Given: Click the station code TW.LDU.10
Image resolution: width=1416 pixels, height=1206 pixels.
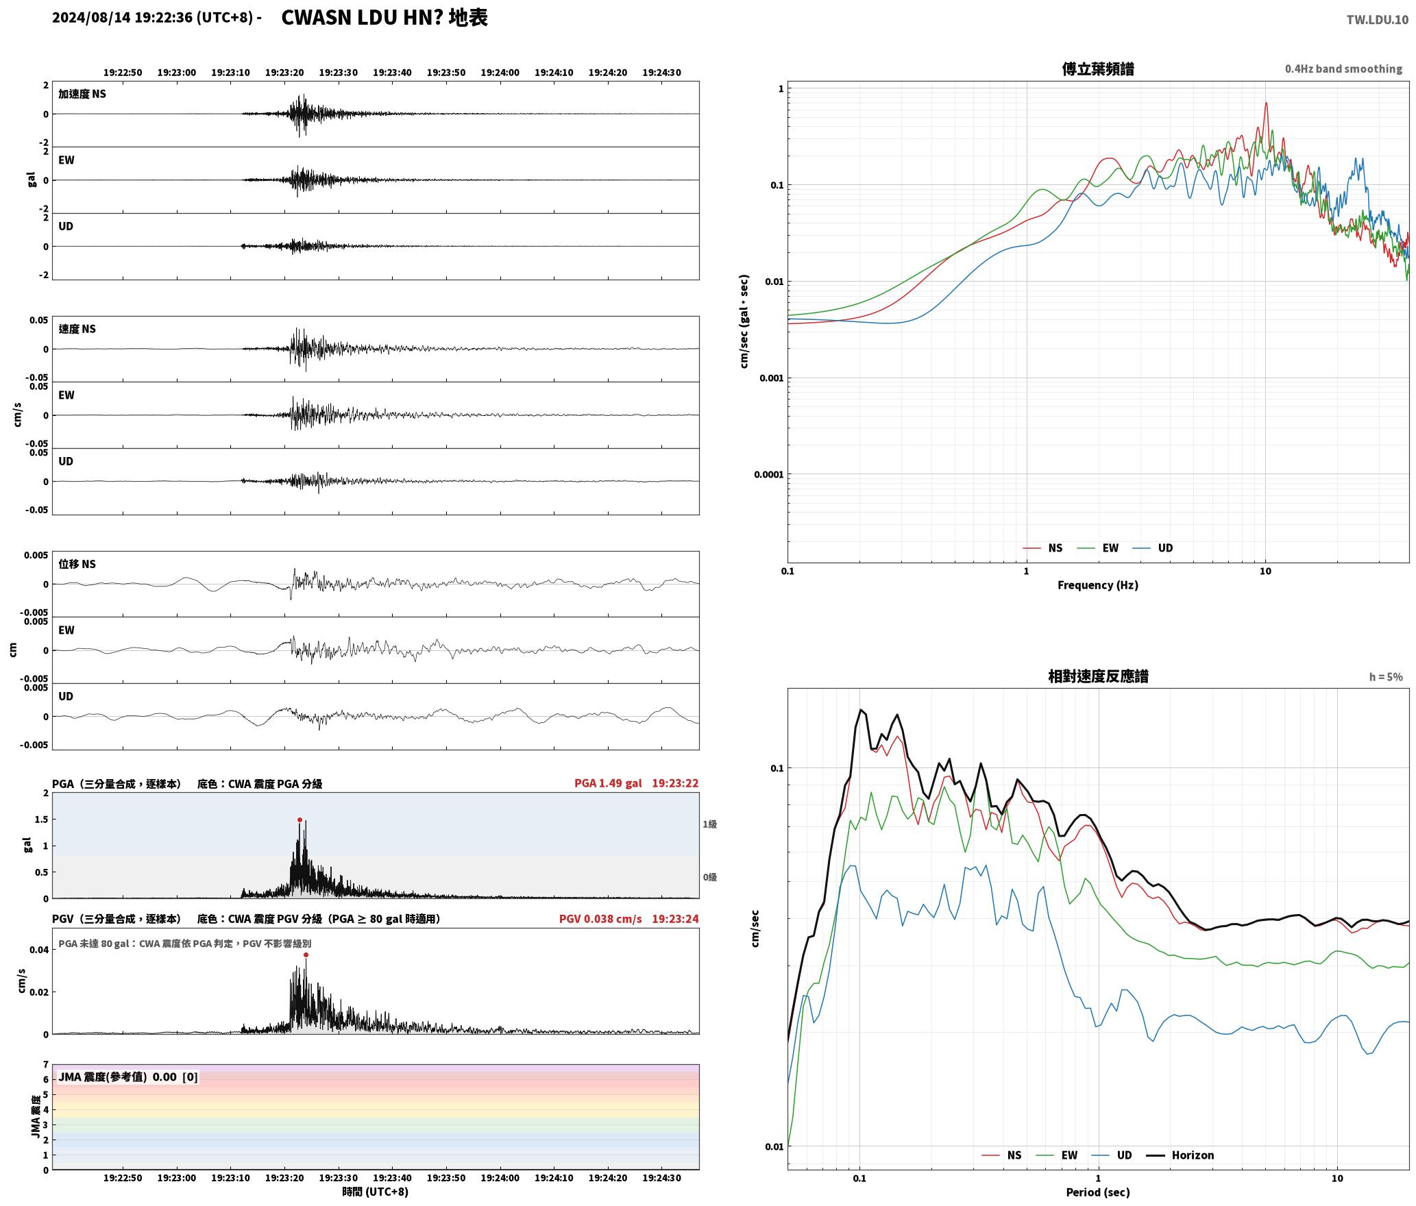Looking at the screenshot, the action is pos(1377,19).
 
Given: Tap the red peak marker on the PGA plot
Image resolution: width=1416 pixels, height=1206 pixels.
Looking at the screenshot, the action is pos(300,820).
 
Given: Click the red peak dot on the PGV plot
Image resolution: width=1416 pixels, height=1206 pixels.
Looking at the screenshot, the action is pos(306,955).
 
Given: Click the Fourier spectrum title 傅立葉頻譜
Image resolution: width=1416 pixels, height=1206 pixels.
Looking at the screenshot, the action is pos(1098,69).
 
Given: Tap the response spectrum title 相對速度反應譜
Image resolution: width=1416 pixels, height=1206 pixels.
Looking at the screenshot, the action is pos(1098,676).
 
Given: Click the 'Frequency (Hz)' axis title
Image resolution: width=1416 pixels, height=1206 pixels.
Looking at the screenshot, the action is pos(1098,584).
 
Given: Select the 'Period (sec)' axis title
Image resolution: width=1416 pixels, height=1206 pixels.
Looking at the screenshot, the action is pos(1098,1192).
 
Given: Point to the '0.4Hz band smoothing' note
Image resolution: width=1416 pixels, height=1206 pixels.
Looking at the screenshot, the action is pos(1343,69).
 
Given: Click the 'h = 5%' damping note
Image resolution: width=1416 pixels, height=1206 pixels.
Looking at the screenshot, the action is pos(1386,676).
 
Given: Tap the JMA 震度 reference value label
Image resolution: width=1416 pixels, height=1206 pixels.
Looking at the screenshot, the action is pos(128,1076).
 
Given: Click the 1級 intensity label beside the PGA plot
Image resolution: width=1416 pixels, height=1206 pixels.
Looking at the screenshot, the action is pos(709,824).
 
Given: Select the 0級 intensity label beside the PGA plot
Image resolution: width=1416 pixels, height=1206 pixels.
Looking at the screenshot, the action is pos(709,876).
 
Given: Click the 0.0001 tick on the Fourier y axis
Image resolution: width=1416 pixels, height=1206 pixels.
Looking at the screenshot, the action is pos(768,474).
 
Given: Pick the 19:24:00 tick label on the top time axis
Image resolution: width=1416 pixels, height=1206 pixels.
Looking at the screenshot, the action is pos(500,72).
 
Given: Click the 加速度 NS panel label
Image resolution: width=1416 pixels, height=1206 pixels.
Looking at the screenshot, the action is pos(82,94).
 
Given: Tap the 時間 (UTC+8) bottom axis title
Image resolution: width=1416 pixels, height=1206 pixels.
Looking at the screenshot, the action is pos(376,1191).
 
